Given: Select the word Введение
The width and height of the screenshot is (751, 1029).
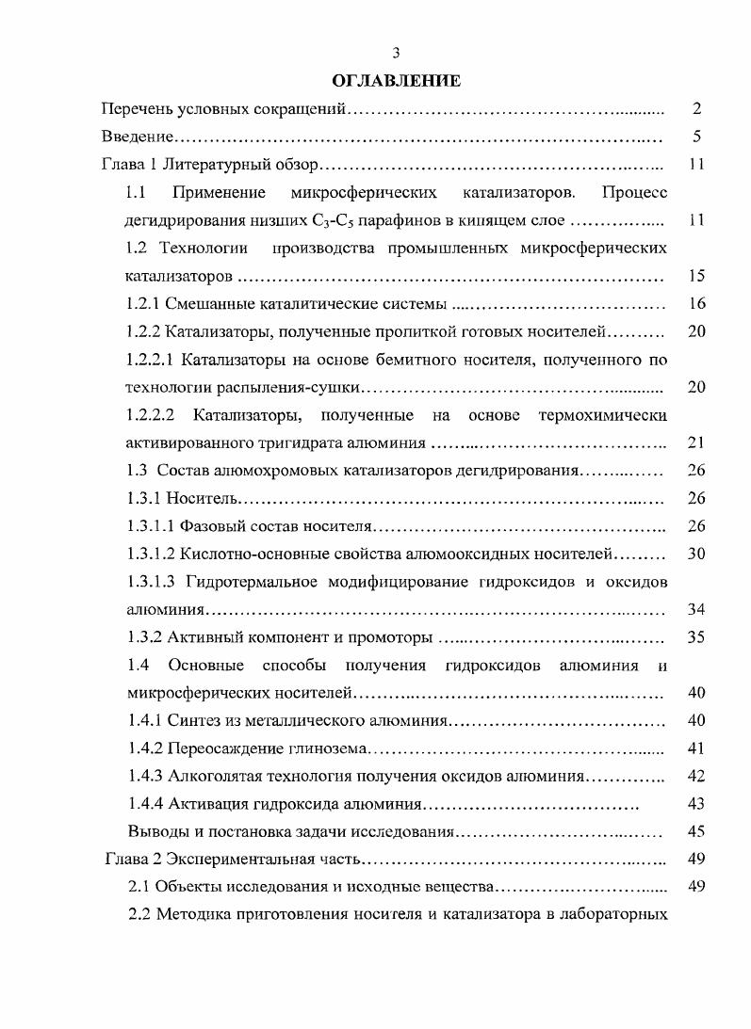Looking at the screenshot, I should click(x=137, y=137).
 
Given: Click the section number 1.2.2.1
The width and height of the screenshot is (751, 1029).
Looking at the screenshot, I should click(x=149, y=360).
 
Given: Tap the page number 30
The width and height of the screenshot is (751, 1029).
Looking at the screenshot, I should click(x=696, y=554).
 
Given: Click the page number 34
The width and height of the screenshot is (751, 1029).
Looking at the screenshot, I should click(x=696, y=609).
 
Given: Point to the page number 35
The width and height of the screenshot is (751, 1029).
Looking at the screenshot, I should click(x=696, y=637).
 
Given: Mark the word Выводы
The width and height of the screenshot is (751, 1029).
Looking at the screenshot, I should click(x=154, y=832).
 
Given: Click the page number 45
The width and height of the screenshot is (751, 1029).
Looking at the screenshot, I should click(x=696, y=832).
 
